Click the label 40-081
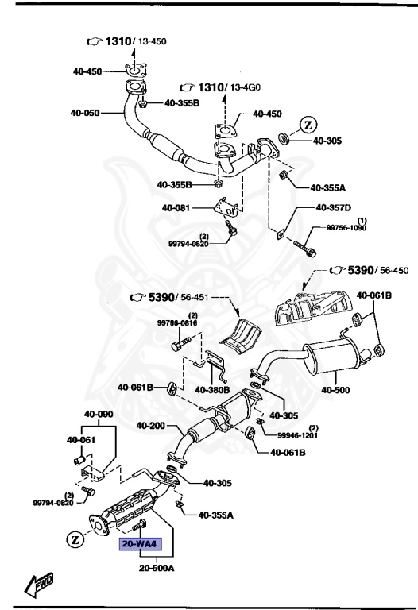pyautogui.click(x=178, y=208)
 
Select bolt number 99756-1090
pyautogui.click(x=347, y=227)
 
